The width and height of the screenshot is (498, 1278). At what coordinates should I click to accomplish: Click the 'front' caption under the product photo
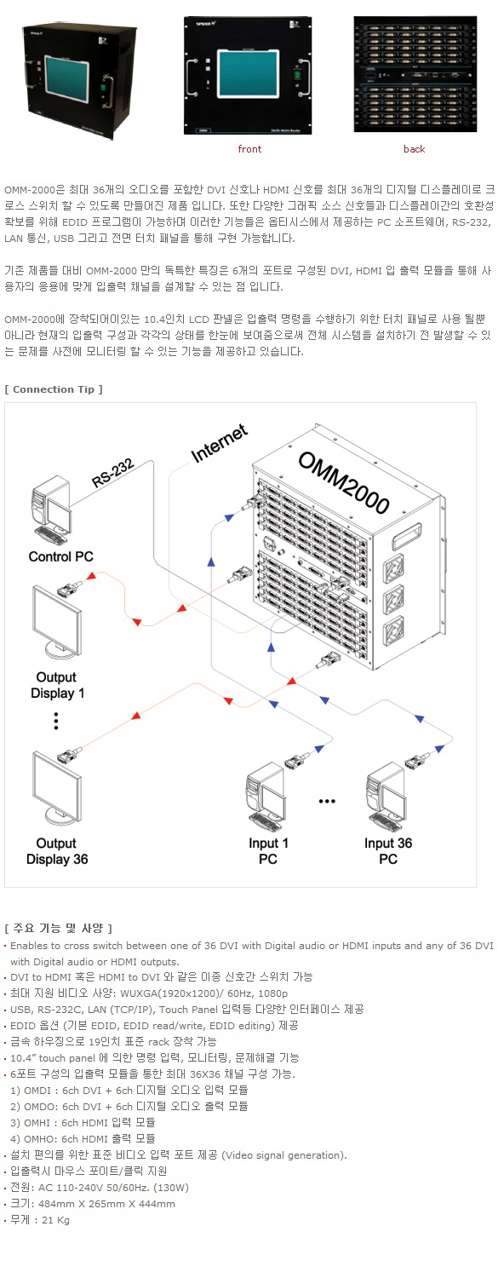(x=249, y=149)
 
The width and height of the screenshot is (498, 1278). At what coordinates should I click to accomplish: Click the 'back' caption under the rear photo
(x=415, y=149)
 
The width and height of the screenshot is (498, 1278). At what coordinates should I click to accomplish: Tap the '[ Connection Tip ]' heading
(x=54, y=389)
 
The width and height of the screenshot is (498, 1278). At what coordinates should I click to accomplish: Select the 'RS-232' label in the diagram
(x=113, y=473)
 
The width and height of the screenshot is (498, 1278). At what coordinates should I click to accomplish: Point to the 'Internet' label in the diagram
(x=220, y=443)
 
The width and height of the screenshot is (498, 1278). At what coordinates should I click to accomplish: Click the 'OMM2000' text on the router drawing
(x=344, y=482)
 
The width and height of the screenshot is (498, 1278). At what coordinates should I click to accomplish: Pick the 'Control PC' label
(x=61, y=556)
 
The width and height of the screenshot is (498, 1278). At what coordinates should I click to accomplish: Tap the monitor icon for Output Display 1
(x=56, y=623)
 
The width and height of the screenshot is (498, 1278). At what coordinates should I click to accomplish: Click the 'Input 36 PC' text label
(x=388, y=850)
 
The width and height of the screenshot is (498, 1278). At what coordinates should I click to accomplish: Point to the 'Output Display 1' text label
(x=57, y=685)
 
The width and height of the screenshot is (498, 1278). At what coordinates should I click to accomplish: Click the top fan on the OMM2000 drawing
(x=393, y=568)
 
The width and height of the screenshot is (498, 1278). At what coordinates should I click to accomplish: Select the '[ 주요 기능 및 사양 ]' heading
(x=58, y=928)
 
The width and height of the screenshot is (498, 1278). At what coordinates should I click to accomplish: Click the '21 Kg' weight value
(x=55, y=1220)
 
